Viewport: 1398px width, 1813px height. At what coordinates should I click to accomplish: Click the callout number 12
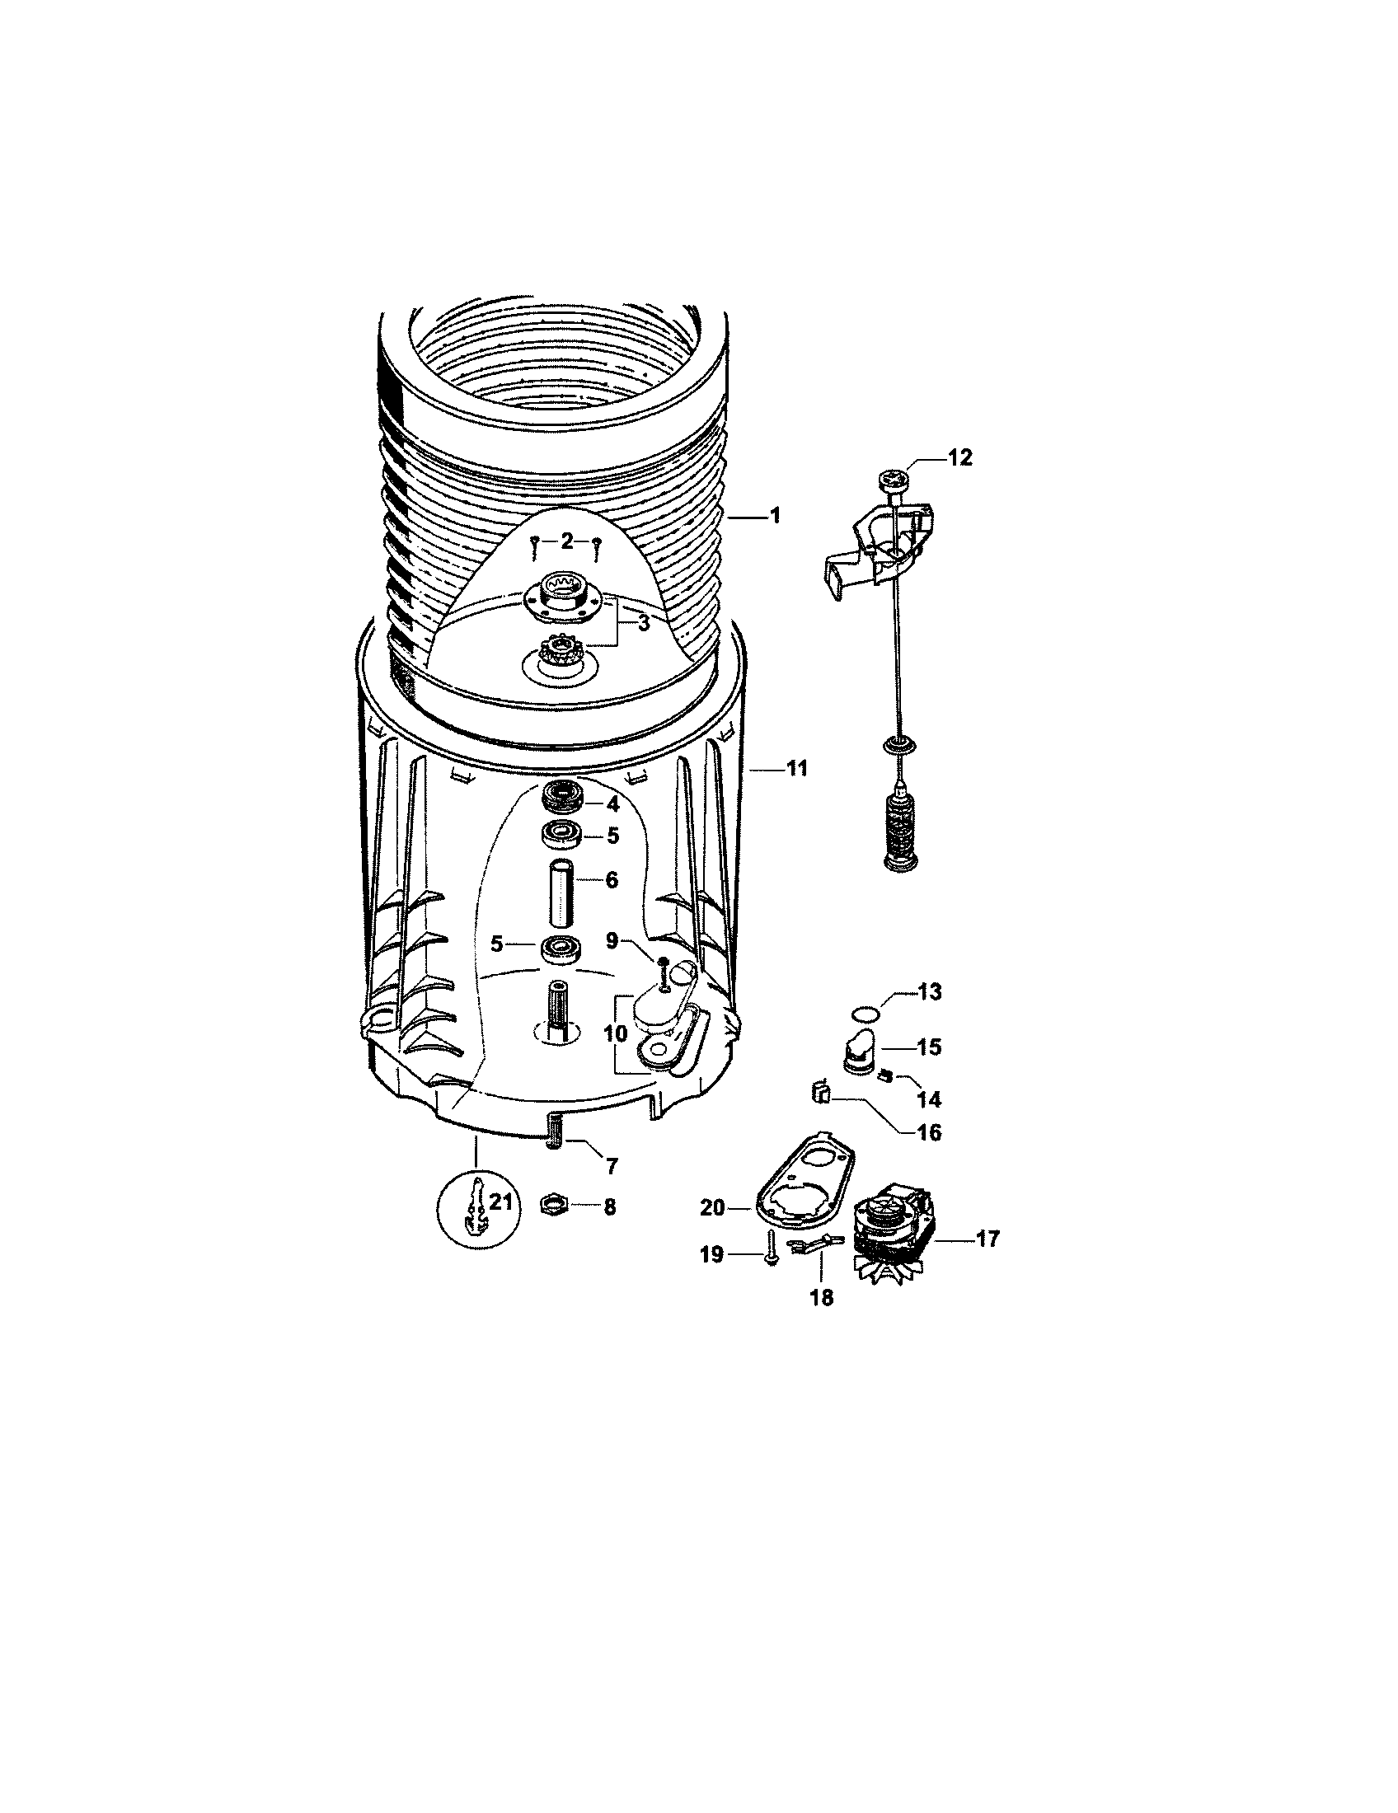coord(959,458)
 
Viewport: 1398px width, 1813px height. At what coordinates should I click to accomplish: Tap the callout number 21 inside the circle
coord(499,1201)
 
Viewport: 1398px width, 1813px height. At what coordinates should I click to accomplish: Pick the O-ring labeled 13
coord(864,1013)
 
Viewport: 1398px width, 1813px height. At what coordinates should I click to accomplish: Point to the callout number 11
coord(797,770)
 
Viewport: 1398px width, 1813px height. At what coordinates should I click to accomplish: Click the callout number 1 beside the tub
coord(776,517)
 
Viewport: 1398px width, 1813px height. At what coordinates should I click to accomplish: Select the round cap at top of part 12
coord(894,480)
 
